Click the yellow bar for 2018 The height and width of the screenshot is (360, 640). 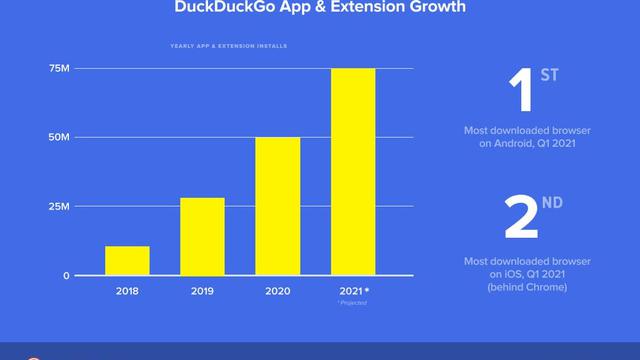point(127,260)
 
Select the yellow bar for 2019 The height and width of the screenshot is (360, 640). point(202,236)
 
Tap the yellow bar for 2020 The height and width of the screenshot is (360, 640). point(278,206)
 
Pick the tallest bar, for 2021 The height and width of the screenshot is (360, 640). point(353,172)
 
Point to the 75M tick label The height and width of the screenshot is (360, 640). point(59,69)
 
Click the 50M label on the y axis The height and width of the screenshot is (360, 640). point(59,137)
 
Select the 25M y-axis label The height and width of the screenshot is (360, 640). point(59,206)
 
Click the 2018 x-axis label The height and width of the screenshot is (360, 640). point(127,291)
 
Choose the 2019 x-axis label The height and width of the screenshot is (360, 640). point(202,291)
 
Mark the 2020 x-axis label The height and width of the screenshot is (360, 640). point(278,291)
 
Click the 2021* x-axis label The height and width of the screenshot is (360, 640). point(354,291)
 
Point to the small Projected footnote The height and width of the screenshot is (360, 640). point(354,302)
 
